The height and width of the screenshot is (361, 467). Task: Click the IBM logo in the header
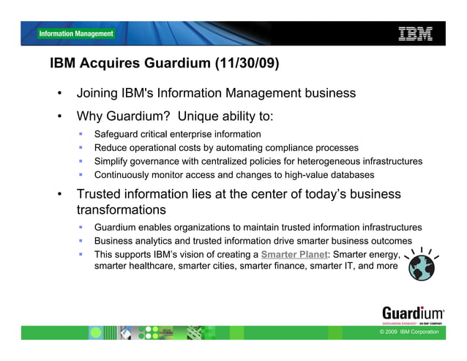415,33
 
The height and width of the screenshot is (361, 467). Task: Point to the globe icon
421,267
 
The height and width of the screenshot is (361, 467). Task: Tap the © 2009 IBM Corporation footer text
409,332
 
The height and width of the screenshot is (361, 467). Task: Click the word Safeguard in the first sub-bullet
117,135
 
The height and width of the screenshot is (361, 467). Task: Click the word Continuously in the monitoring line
124,175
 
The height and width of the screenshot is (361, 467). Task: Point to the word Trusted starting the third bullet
100,195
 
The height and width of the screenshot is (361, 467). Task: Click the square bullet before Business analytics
82,242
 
